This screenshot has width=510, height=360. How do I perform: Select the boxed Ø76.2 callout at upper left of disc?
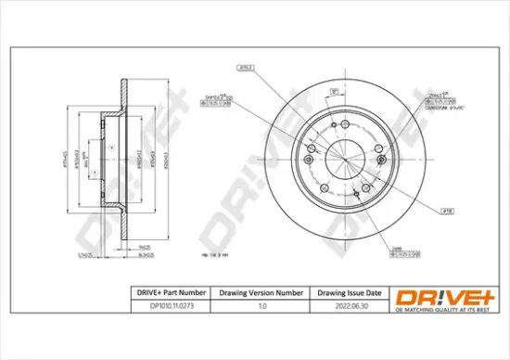(247, 69)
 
